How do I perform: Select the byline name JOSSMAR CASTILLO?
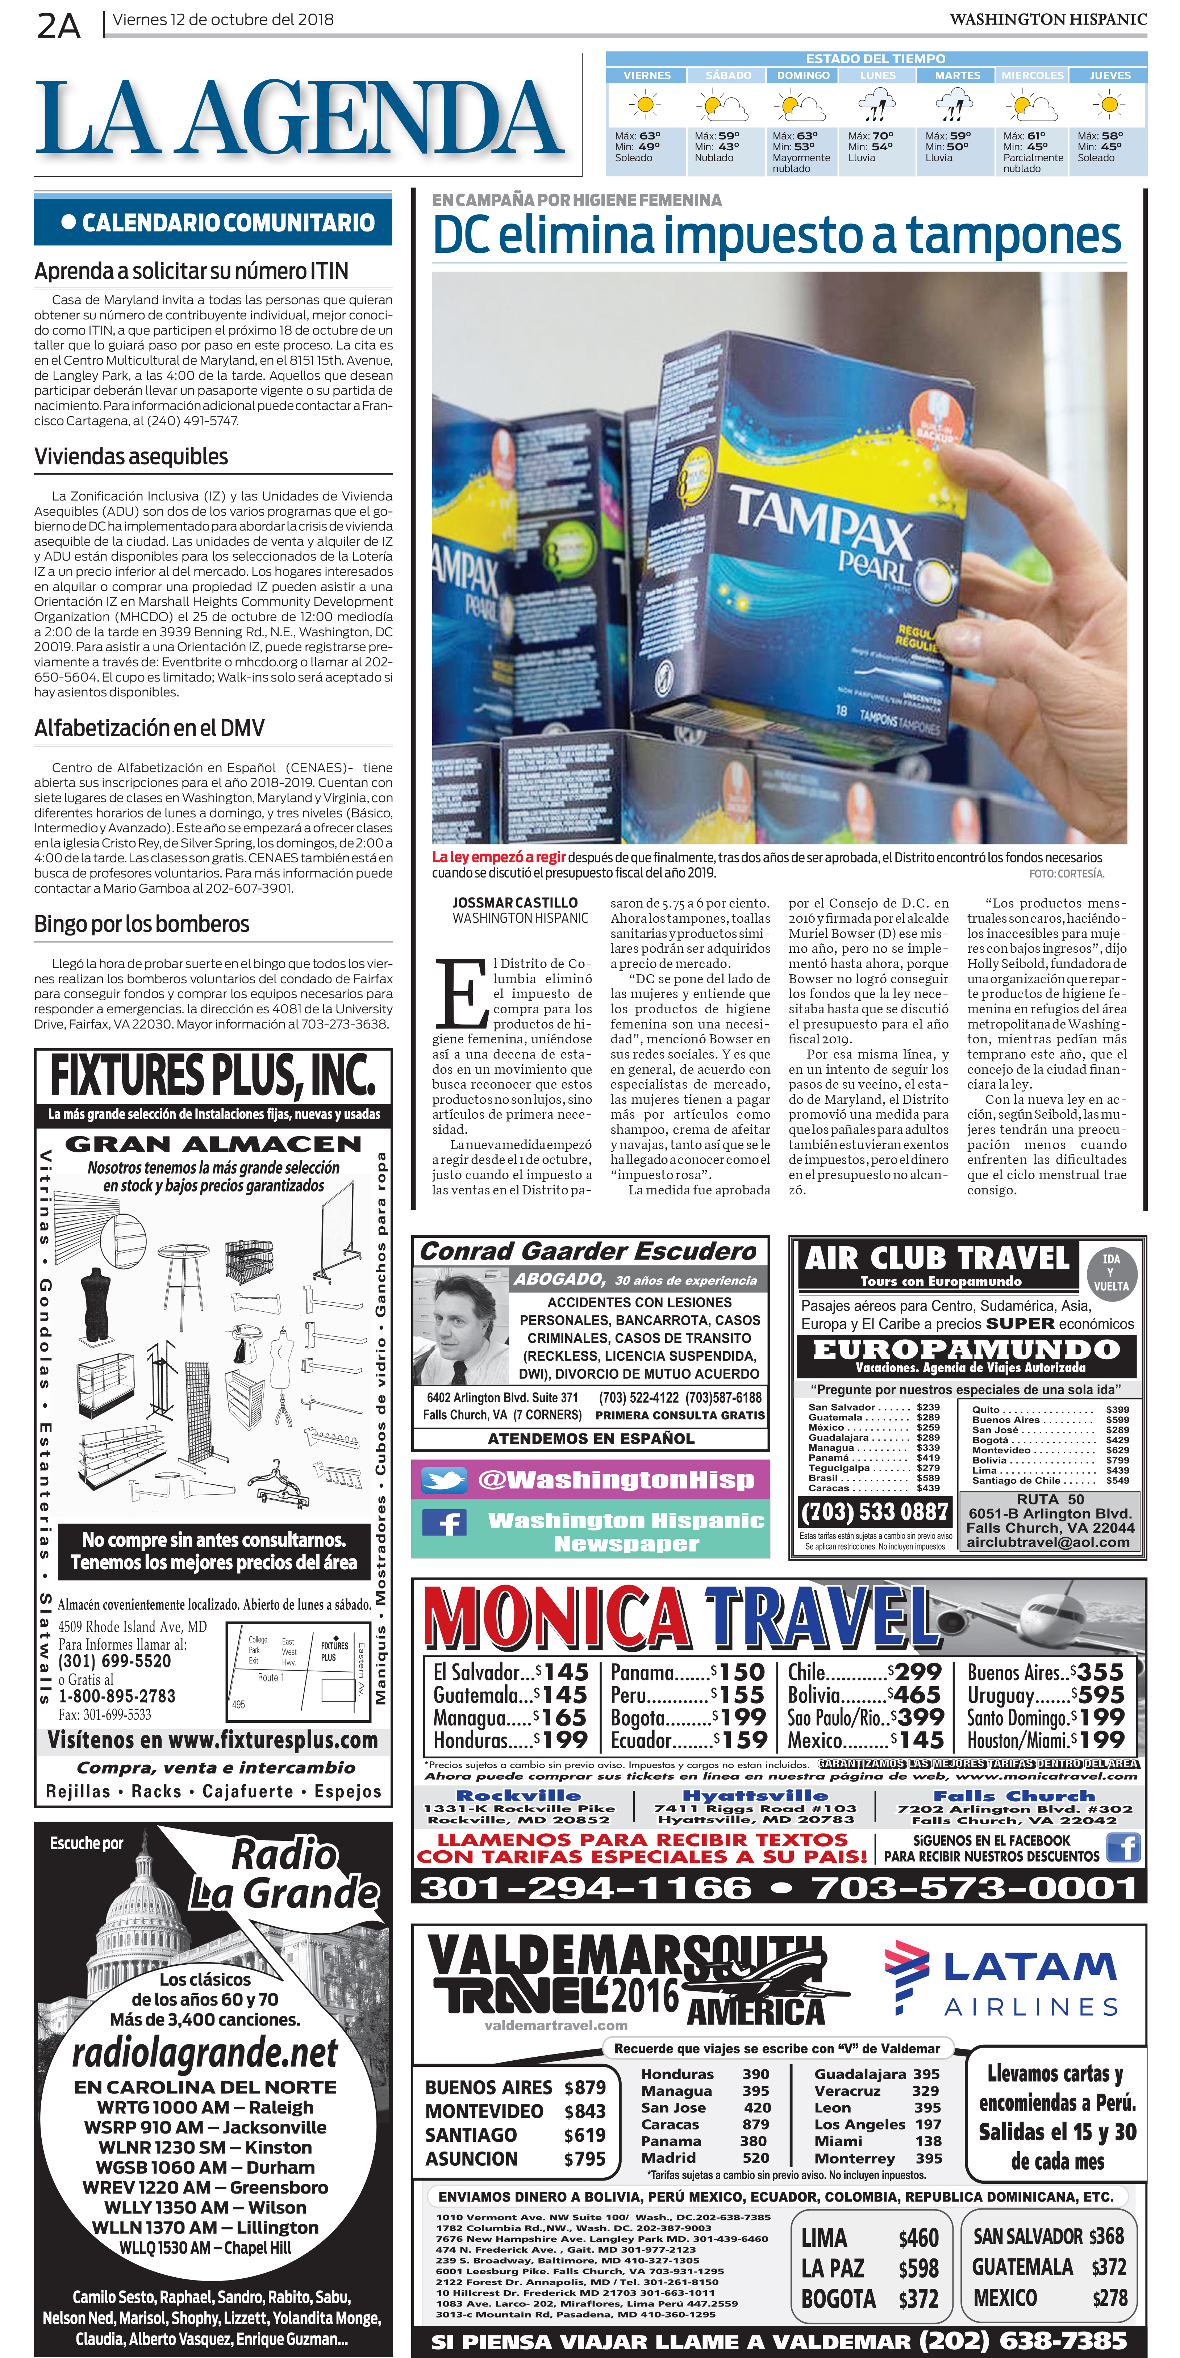(x=514, y=902)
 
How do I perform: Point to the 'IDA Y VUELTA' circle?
(x=1110, y=1272)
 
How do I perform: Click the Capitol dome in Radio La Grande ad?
(x=142, y=1909)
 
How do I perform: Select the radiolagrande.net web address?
(x=206, y=2052)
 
